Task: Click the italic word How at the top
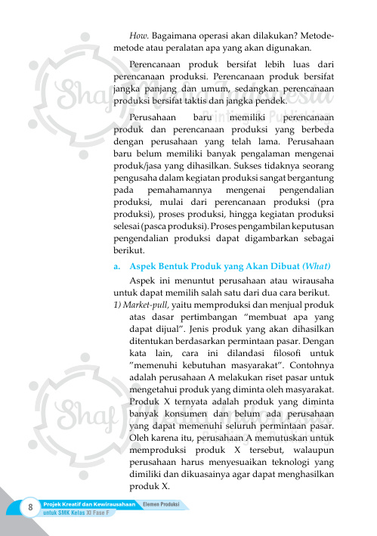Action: point(139,36)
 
